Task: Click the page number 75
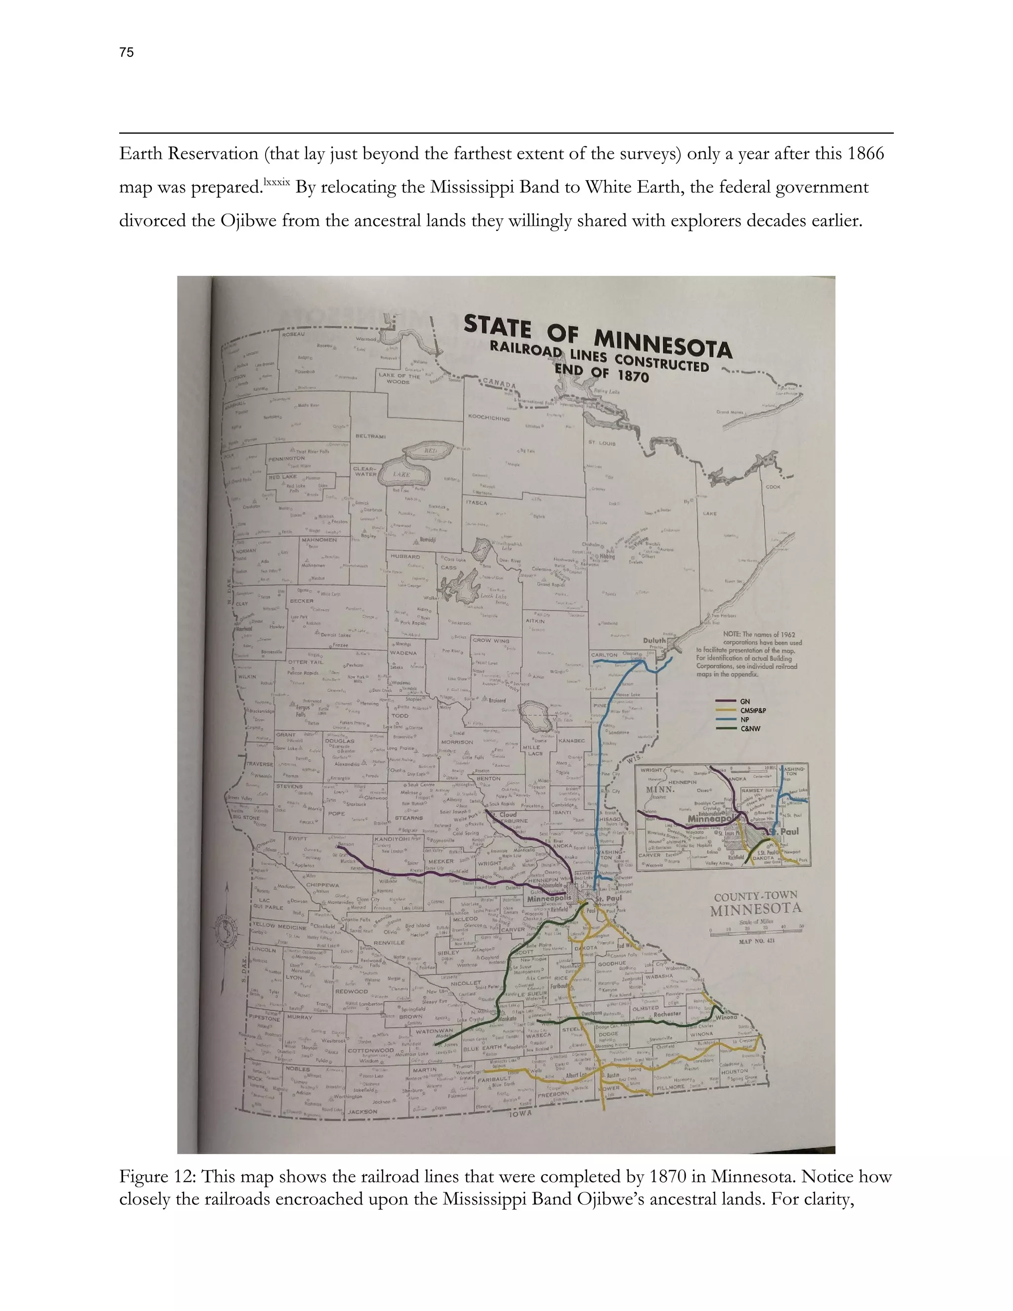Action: (127, 53)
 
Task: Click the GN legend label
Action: (745, 701)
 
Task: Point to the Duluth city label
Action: (654, 641)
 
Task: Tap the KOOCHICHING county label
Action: (489, 418)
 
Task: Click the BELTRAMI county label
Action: (370, 436)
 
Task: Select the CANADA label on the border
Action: (499, 383)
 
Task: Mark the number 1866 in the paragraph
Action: (865, 154)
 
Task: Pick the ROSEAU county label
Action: (294, 334)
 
